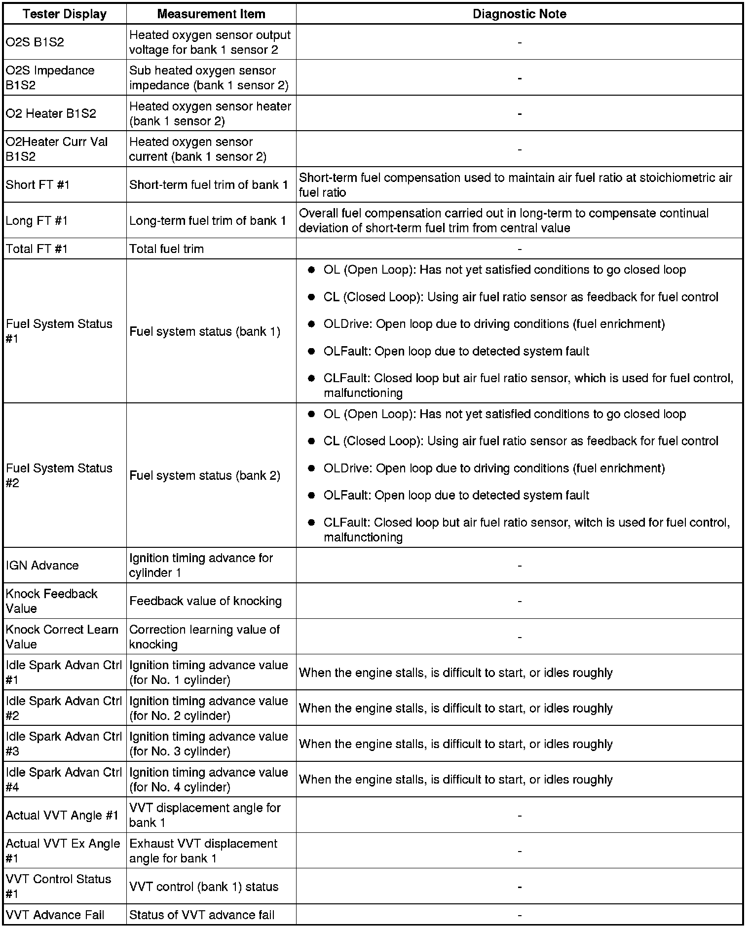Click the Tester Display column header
click(x=65, y=14)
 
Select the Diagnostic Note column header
click(x=519, y=14)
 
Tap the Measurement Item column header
click(x=211, y=14)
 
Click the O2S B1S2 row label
click(x=35, y=42)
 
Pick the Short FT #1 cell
click(x=38, y=185)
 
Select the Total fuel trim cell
click(x=166, y=249)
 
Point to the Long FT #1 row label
click(x=37, y=221)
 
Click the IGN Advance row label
click(x=42, y=566)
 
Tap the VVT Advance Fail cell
click(x=55, y=915)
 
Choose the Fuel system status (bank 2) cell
click(x=205, y=476)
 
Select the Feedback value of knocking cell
click(x=205, y=601)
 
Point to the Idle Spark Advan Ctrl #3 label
click(x=64, y=744)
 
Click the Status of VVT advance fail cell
click(x=202, y=915)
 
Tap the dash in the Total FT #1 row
click(x=520, y=249)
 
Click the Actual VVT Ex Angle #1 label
click(x=63, y=851)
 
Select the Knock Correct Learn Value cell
click(x=62, y=637)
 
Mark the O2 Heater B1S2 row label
click(x=51, y=113)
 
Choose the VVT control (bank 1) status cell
click(x=204, y=887)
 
